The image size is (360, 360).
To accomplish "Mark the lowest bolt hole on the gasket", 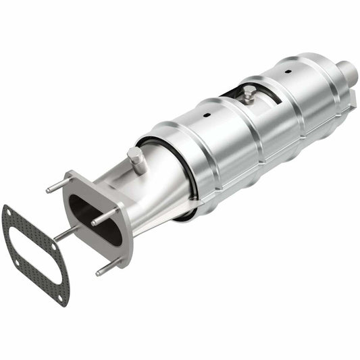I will (61, 297).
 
